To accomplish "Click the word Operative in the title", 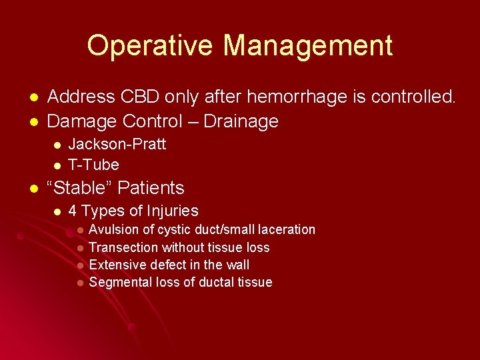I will point(149,45).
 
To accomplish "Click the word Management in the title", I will point(307,45).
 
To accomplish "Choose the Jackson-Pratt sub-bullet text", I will point(117,144).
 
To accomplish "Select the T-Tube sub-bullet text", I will point(94,165).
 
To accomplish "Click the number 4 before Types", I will point(73,211).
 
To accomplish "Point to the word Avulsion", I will point(113,229).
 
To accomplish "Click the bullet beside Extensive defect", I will point(79,265).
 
